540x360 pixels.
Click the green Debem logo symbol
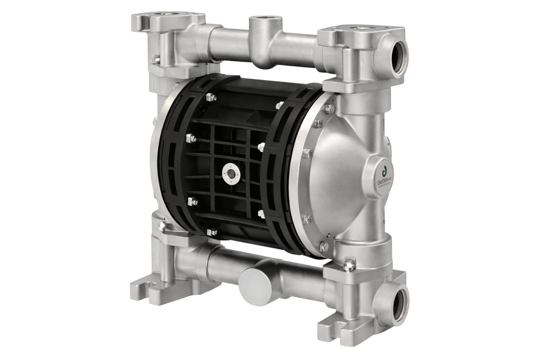(384, 171)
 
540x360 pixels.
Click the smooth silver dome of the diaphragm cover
(337, 177)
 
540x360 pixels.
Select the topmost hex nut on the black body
(211, 97)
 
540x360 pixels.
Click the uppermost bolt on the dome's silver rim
(329, 108)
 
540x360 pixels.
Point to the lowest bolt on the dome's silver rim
(324, 246)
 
